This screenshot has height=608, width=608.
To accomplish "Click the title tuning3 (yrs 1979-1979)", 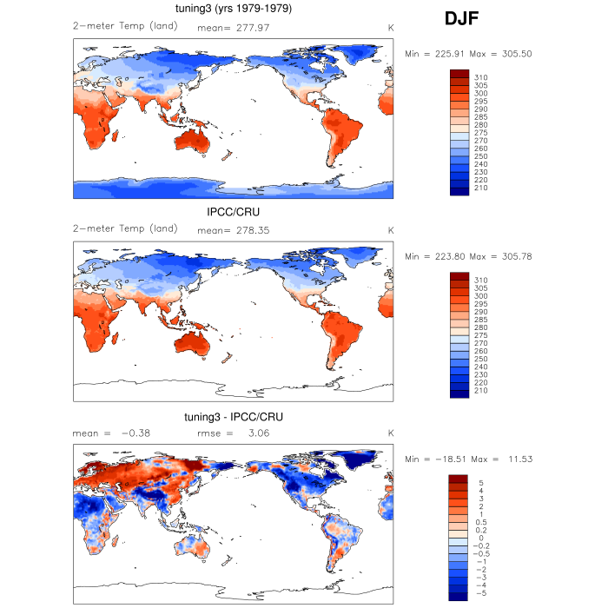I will tap(233, 10).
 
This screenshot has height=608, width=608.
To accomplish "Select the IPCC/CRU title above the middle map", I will tap(233, 212).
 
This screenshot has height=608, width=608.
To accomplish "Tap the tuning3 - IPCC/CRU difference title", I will tap(233, 417).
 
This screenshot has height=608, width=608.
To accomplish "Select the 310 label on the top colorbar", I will tap(480, 77).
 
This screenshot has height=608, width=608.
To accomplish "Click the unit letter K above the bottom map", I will tap(391, 433).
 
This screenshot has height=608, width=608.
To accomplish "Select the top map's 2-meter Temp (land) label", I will tap(125, 26).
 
